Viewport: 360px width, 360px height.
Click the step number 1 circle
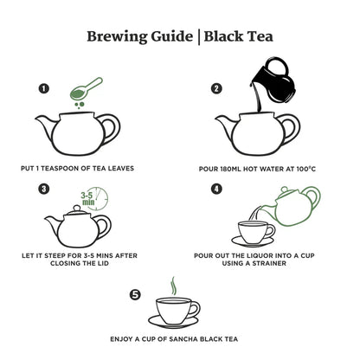click(42, 88)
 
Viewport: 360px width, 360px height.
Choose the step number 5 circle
click(134, 294)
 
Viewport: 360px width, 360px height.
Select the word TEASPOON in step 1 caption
click(87, 167)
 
